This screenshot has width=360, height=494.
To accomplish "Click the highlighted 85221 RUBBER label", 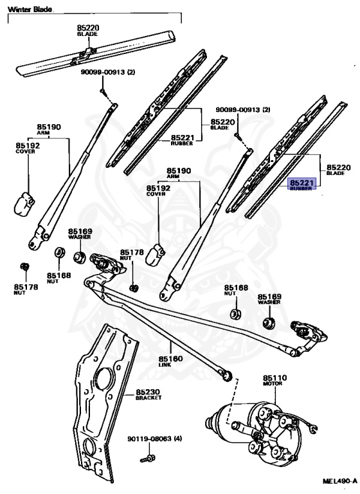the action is pos(301,185).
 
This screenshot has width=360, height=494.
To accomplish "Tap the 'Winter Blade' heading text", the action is pos(30,10).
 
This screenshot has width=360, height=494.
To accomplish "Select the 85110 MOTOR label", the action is pos(275,380).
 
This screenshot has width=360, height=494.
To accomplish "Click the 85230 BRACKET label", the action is pos(148,394).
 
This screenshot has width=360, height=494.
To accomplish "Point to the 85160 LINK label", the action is pos(170,361).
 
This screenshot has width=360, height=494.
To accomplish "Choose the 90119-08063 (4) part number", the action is pos(155,439).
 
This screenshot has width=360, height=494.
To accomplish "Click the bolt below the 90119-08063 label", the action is pos(148,459).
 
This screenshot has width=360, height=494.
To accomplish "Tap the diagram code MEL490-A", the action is pos(339,481).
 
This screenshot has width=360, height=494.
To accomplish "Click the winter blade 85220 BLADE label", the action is pos(88,31).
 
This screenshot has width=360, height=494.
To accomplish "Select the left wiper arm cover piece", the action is pos(24,204).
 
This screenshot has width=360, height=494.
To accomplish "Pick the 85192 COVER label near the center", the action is pos(158,190).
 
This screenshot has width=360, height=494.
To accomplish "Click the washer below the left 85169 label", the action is pos(79,257).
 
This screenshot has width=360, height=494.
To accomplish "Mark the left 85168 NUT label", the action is pos(59,278).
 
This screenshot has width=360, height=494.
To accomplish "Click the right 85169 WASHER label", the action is pos(269,299).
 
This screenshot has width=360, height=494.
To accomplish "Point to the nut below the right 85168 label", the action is pos(235,314).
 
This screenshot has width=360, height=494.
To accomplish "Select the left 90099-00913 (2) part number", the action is pos(108,72).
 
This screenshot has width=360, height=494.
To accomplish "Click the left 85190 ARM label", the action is pos(49,129).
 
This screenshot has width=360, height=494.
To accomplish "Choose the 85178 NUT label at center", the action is pos(132,255).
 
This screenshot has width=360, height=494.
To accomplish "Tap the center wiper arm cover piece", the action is pos(156,254).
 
